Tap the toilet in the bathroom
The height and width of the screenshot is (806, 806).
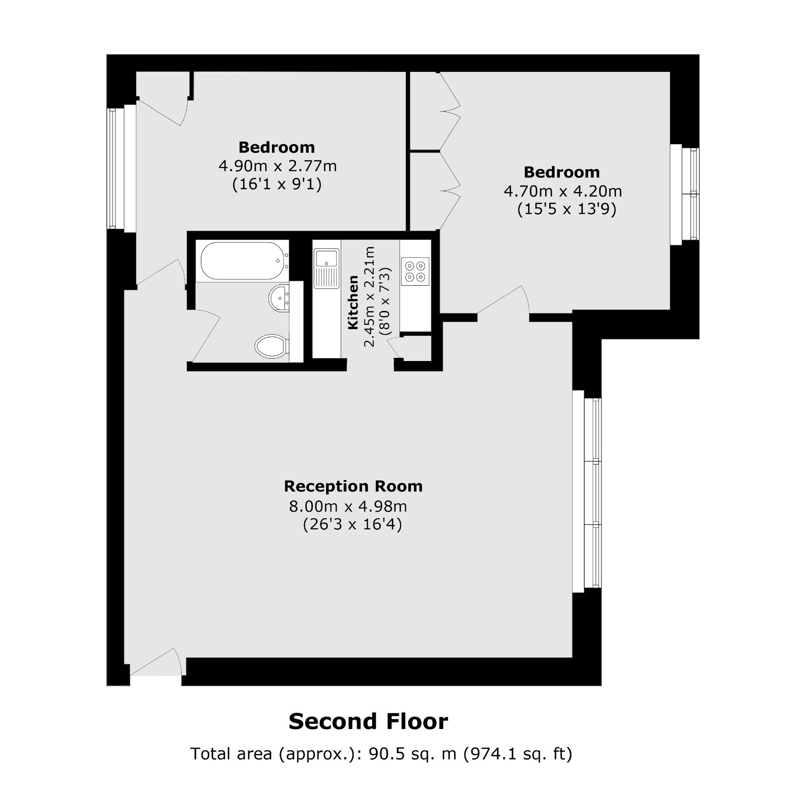point(272,346)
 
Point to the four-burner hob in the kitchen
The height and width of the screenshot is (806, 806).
point(415,271)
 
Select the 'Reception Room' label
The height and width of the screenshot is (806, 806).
point(353,486)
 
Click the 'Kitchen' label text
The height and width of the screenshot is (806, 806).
point(353,302)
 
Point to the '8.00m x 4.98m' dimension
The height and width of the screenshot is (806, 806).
point(348,506)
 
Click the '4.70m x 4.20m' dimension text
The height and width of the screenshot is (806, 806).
point(563,191)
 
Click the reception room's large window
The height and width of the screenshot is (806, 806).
point(587,492)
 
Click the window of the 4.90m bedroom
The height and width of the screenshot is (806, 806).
point(122,168)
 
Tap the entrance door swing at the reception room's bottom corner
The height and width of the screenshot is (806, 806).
point(157,662)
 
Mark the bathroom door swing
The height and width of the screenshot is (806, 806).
point(206,336)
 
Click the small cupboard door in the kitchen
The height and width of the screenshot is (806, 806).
point(394,347)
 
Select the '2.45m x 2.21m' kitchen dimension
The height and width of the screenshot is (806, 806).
point(369,297)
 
